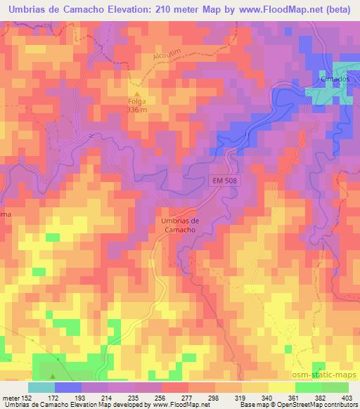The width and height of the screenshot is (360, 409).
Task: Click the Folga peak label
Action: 138,102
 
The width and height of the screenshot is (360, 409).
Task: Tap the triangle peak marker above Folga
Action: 138,93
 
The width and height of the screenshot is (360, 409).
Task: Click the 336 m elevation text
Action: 138,110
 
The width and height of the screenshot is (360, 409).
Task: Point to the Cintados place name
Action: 335,79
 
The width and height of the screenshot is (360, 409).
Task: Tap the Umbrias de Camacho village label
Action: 176,224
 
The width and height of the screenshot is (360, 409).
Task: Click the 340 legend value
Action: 266,397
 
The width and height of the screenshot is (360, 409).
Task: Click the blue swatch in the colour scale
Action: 68,387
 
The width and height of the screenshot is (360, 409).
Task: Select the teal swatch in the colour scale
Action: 41,387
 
